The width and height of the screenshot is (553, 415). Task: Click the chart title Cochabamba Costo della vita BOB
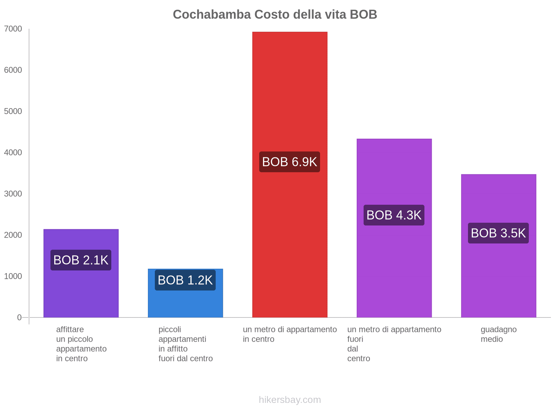(x=275, y=15)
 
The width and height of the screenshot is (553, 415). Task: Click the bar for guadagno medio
(x=498, y=277)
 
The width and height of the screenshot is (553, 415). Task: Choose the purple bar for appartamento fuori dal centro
(x=394, y=270)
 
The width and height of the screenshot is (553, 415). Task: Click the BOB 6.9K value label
(x=290, y=162)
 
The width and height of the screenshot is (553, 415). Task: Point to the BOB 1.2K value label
(x=185, y=280)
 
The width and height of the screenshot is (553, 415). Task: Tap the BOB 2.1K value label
(x=81, y=260)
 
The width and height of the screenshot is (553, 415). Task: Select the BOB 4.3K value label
(x=394, y=215)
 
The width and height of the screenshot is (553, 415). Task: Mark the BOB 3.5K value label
(x=498, y=233)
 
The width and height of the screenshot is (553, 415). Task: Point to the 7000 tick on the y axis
(x=13, y=29)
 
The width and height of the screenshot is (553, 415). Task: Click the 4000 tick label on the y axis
(x=13, y=153)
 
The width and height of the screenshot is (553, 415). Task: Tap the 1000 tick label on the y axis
(x=13, y=276)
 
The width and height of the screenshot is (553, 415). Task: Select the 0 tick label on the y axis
(x=19, y=317)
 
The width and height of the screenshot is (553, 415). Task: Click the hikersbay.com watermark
(x=290, y=400)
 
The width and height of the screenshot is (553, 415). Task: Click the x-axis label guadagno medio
(x=498, y=334)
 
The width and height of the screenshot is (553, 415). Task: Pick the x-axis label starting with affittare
(x=81, y=344)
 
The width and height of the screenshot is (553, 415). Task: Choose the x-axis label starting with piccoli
(x=185, y=344)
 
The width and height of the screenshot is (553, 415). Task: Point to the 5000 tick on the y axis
(x=13, y=111)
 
